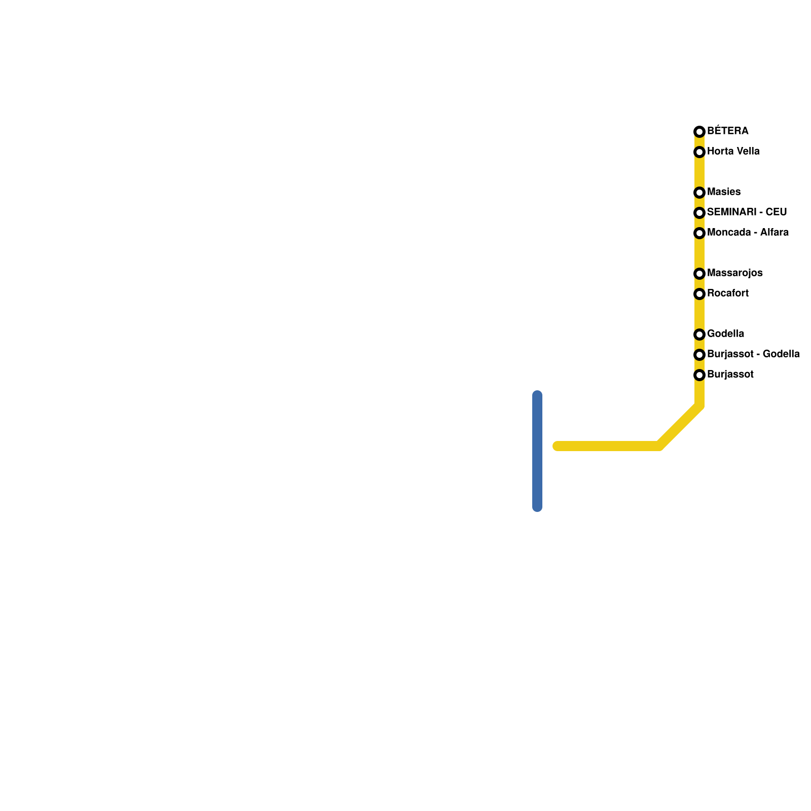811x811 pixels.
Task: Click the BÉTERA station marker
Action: (699, 132)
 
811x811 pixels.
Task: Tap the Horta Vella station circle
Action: (699, 152)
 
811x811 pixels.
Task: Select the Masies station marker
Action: (699, 193)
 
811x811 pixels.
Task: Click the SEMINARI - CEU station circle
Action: (699, 213)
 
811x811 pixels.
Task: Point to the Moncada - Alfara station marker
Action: (699, 233)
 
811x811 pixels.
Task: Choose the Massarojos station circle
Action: (699, 274)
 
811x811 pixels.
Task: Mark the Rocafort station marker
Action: (699, 294)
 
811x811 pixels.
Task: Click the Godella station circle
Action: (699, 335)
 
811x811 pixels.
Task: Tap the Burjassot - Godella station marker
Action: (699, 355)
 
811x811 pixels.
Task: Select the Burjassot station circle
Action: (699, 375)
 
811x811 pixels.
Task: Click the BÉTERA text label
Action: (727, 131)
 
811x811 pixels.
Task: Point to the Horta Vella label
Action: (733, 151)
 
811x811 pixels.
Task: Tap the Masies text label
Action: (723, 192)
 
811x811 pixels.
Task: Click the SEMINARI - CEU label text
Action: (747, 212)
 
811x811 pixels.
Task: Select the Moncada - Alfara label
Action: (748, 232)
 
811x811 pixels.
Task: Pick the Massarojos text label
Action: (734, 273)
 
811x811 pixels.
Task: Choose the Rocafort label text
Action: (727, 293)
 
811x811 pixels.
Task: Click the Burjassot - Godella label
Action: (753, 354)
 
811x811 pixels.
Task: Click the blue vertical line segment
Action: (537, 451)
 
